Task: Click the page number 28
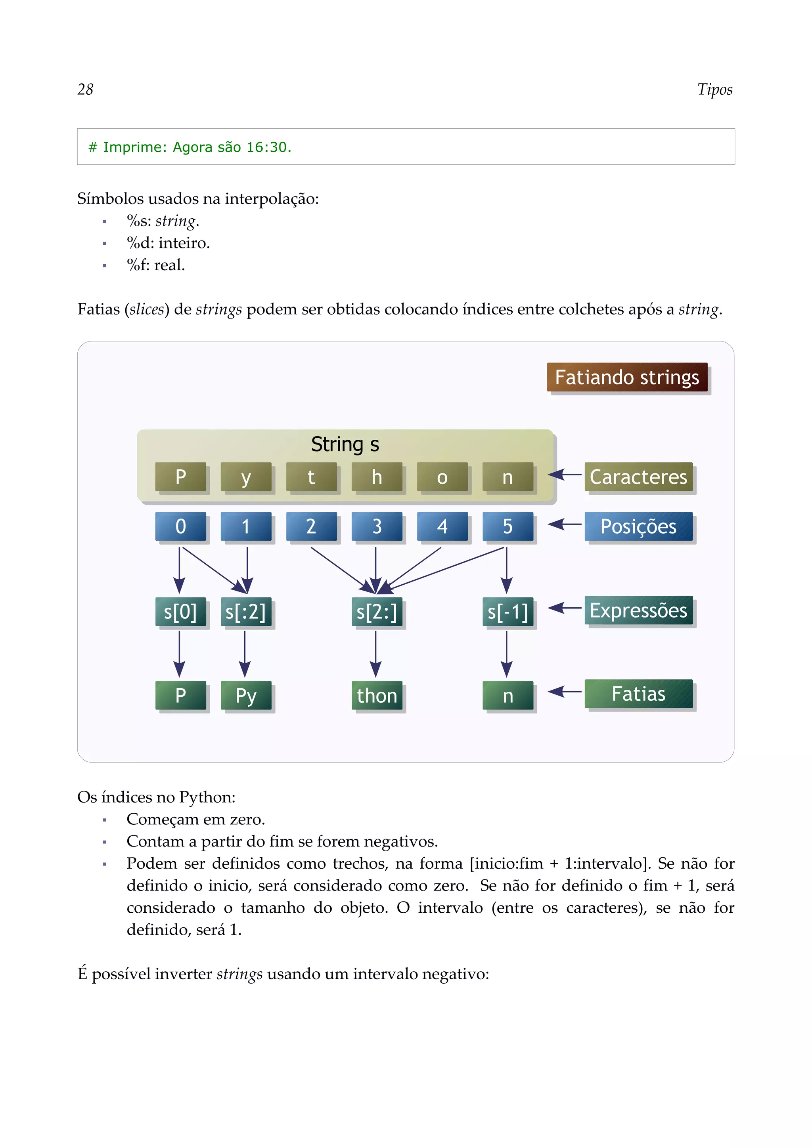[x=86, y=90]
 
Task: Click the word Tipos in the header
[x=714, y=90]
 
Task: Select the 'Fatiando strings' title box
[x=627, y=378]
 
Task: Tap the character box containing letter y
[x=246, y=477]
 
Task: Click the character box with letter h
[x=377, y=477]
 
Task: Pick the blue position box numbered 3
[x=377, y=526]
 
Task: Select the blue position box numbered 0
[x=181, y=526]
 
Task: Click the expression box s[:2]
[x=246, y=612]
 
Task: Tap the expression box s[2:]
[x=377, y=612]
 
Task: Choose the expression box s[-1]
[x=507, y=612]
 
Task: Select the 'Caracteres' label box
[x=638, y=477]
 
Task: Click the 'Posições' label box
[x=638, y=526]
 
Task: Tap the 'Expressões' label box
[x=638, y=610]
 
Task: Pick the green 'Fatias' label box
[x=638, y=694]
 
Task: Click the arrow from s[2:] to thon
[x=376, y=652]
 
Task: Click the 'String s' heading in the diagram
[x=345, y=444]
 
